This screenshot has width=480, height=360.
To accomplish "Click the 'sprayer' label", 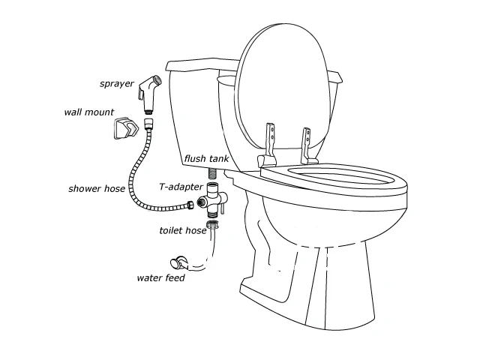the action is [117, 84].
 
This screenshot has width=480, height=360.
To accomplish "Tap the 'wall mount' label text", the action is [89, 112].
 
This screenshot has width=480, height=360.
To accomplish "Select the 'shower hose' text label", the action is [97, 188].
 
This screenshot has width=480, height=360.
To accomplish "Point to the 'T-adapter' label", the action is [181, 187].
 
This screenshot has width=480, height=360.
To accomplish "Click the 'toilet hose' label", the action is [183, 230].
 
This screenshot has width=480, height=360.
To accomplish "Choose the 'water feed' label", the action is [160, 278].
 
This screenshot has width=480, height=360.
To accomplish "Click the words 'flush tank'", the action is [207, 158].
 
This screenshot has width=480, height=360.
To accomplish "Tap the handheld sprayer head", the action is [149, 91].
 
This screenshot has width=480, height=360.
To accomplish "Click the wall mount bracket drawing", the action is [126, 128].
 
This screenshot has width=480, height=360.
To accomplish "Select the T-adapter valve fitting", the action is [213, 199].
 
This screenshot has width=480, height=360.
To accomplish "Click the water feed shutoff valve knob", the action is [175, 263].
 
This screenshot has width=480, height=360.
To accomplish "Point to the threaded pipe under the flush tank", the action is [213, 174].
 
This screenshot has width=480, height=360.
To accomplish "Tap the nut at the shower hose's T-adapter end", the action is [190, 205].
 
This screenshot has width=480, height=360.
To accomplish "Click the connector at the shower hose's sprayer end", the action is [148, 122].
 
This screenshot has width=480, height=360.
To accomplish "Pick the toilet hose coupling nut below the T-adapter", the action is [213, 224].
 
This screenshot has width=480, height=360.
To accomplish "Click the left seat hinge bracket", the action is [268, 145].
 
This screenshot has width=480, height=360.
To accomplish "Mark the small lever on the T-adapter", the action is [223, 208].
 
